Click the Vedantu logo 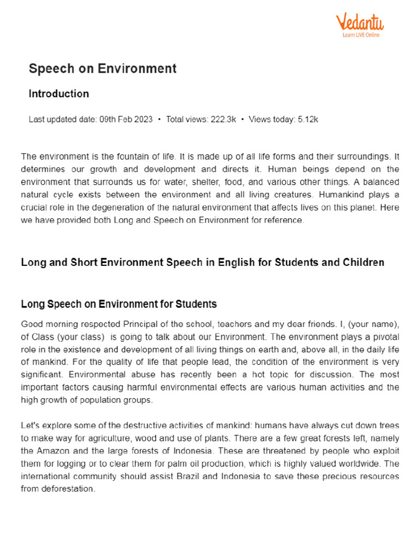pyautogui.click(x=359, y=22)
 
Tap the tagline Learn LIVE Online pyautogui.click(x=361, y=35)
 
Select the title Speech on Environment pyautogui.click(x=102, y=68)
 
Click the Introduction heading pyautogui.click(x=59, y=94)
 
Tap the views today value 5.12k pyautogui.click(x=308, y=119)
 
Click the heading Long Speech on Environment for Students pyautogui.click(x=119, y=304)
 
